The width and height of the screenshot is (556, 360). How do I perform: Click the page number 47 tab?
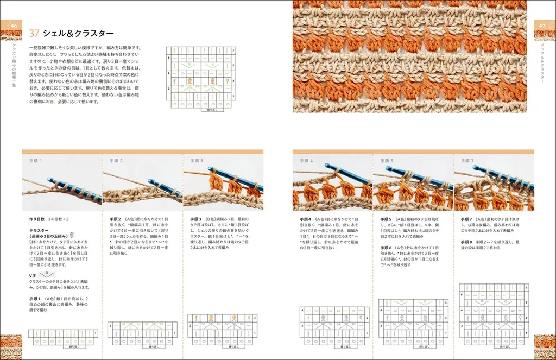[542, 26]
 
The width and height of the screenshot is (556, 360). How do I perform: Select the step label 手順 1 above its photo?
[35, 161]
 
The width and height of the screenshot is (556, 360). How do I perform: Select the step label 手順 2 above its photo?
[116, 161]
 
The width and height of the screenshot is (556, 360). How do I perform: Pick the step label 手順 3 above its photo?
[197, 161]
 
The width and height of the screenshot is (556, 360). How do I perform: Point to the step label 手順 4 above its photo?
[307, 161]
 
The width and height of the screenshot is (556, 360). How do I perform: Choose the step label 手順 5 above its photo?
[387, 161]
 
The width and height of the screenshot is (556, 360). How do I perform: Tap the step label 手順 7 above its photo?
[467, 161]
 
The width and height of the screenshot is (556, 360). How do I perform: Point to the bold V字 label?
[33, 276]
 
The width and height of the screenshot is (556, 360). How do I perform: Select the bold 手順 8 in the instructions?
[467, 242]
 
